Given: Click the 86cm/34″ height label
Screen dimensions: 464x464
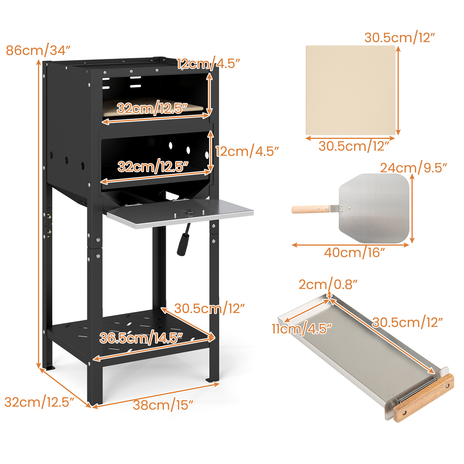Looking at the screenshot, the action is [38, 50].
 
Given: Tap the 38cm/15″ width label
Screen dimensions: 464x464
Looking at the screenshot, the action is [163, 405].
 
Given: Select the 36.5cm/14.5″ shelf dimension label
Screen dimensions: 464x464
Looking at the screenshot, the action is [141, 338].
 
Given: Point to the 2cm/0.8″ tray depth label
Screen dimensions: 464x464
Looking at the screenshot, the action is [328, 284].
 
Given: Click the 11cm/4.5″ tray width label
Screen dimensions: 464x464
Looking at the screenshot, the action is [302, 329].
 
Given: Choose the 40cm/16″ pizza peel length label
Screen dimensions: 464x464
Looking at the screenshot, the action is [354, 253].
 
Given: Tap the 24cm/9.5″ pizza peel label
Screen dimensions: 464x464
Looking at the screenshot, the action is [414, 168].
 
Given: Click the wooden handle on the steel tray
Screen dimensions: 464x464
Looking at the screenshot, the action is [423, 398].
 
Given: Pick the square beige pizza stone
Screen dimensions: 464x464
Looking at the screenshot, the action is [351, 90].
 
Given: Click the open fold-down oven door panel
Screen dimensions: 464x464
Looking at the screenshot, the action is [180, 213].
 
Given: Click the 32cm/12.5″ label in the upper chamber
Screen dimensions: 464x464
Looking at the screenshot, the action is [152, 108].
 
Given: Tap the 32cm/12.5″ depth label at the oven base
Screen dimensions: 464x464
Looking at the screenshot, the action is [39, 402].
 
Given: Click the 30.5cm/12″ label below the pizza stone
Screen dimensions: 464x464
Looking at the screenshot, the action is [354, 146].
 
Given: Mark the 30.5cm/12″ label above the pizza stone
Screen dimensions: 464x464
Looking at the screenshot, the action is [400, 38].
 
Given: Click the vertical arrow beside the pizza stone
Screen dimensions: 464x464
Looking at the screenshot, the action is [398, 90].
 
